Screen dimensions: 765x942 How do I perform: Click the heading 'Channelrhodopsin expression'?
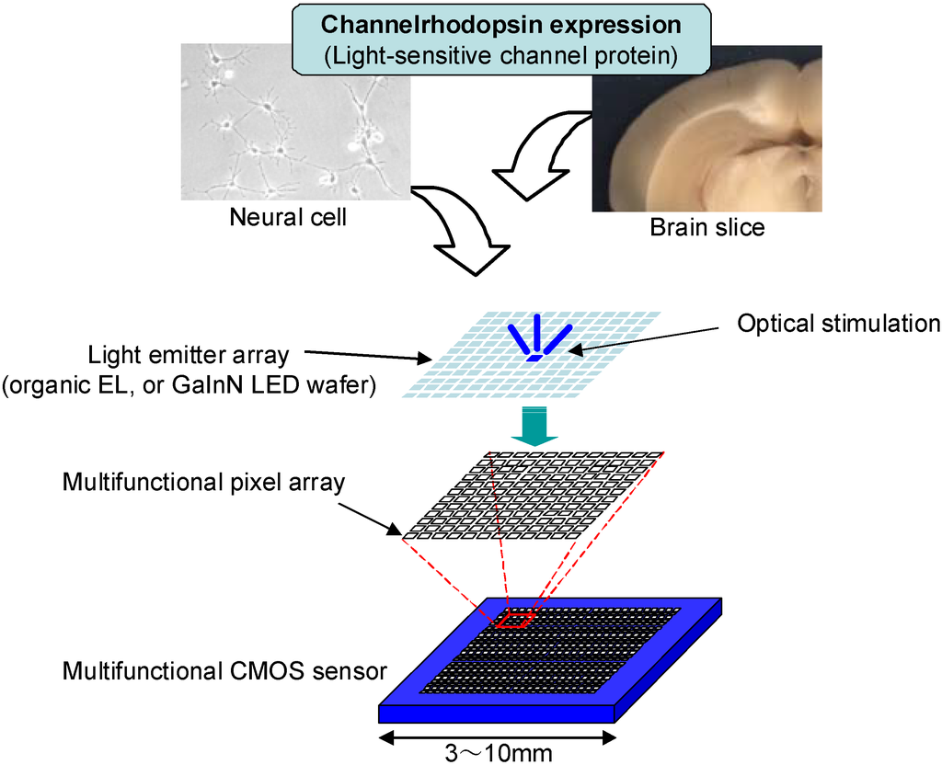click(501, 25)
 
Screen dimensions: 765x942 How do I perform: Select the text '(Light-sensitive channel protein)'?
click(501, 55)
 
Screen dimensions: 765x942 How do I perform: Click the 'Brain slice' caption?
click(706, 227)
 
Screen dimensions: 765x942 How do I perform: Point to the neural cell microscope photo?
click(294, 122)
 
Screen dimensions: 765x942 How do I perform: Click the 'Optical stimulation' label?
click(839, 324)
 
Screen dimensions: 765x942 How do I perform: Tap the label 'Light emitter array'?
click(189, 355)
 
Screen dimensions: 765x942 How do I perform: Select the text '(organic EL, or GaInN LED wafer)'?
click(189, 385)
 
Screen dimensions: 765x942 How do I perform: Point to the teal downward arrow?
click(534, 428)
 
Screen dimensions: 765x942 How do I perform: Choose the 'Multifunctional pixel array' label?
click(203, 482)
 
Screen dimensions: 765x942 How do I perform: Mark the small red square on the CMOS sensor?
click(515, 621)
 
